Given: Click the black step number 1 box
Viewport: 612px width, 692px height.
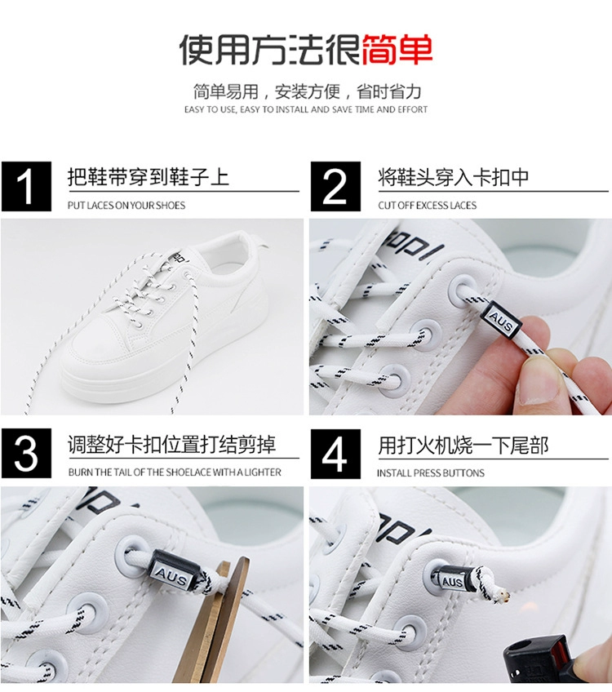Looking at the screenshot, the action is click(26, 186).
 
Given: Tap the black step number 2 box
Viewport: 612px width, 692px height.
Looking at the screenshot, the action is click(335, 186).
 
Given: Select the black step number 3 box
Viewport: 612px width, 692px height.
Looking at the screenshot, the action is click(26, 453).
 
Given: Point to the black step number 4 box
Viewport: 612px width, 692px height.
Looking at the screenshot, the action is click(335, 454).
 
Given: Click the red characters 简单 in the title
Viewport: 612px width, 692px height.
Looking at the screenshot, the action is click(397, 50).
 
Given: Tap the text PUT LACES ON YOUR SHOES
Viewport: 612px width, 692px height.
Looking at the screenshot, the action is click(126, 205).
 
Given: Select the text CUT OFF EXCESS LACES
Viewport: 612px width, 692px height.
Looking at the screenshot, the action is click(427, 205).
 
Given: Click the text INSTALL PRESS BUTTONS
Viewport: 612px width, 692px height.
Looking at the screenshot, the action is click(430, 472).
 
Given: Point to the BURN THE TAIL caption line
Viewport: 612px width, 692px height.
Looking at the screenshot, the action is click(175, 472).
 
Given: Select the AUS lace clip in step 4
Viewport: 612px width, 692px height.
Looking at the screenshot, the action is click(451, 580).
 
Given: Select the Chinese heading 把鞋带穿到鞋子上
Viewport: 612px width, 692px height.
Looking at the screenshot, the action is click(149, 177).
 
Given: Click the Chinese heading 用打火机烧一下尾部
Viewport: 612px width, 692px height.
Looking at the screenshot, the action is click(463, 445).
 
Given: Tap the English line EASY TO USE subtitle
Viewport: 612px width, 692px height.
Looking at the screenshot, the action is click(306, 109).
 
